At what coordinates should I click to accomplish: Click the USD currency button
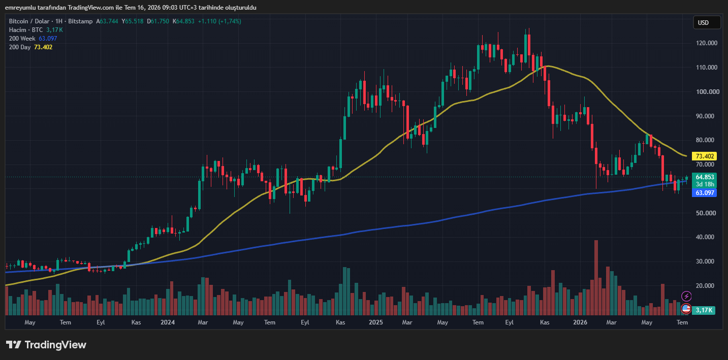click(x=707, y=23)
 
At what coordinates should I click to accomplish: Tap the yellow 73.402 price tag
click(x=704, y=156)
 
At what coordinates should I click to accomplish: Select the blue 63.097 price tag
click(x=704, y=192)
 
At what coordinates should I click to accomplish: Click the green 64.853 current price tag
click(x=704, y=177)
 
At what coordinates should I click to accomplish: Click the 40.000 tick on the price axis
click(x=705, y=237)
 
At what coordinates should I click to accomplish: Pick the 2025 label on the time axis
click(x=376, y=322)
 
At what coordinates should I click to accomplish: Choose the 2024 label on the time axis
click(x=168, y=322)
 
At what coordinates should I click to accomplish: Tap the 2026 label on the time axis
click(x=580, y=322)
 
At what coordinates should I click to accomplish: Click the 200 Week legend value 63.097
click(x=48, y=39)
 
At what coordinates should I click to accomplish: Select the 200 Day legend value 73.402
click(x=43, y=47)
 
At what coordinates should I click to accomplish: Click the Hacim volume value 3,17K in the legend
click(x=54, y=30)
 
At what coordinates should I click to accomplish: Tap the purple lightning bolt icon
click(x=686, y=297)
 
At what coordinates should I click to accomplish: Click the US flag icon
click(x=686, y=308)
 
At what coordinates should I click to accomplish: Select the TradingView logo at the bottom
click(x=46, y=345)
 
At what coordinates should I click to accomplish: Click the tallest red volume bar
click(x=596, y=278)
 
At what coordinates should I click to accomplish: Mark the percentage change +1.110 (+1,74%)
click(x=219, y=21)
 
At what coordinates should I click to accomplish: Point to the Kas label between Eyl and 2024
click(x=136, y=322)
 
